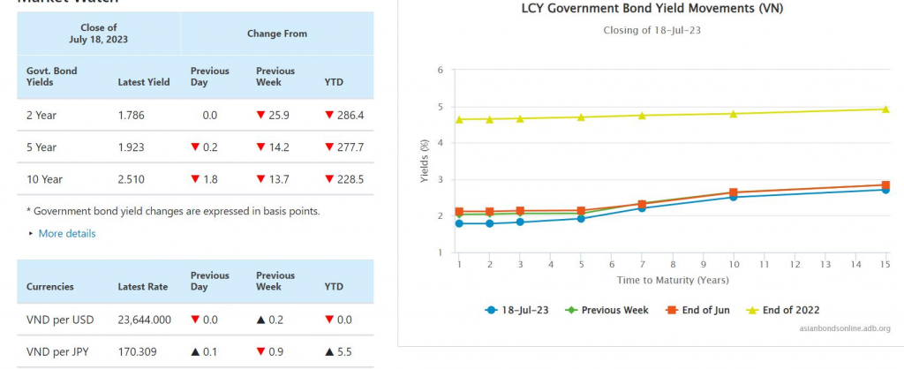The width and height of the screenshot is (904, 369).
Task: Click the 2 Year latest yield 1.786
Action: pyautogui.click(x=132, y=115)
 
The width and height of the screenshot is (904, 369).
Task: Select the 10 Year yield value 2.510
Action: pyautogui.click(x=132, y=179)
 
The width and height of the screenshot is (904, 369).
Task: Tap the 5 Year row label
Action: pyautogui.click(x=41, y=147)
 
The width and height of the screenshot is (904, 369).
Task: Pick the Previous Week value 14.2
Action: pyautogui.click(x=275, y=147)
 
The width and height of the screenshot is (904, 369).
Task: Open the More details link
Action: pyautogui.click(x=66, y=234)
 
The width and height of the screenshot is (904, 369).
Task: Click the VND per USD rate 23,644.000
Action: pyautogui.click(x=144, y=320)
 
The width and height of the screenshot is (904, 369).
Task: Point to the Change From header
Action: pyautogui.click(x=277, y=34)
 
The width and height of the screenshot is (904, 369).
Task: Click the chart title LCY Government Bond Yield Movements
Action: pyautogui.click(x=652, y=9)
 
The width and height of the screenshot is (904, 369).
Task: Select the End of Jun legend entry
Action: pyautogui.click(x=704, y=310)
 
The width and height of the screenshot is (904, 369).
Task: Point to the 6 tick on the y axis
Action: pyautogui.click(x=440, y=69)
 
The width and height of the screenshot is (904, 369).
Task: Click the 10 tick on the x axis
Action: pyautogui.click(x=734, y=264)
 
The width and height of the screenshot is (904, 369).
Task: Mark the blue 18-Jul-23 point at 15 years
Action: pyautogui.click(x=885, y=189)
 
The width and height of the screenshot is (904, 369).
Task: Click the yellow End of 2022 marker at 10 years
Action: pyautogui.click(x=734, y=113)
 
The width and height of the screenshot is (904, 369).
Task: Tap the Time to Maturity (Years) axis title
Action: pyautogui.click(x=672, y=280)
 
